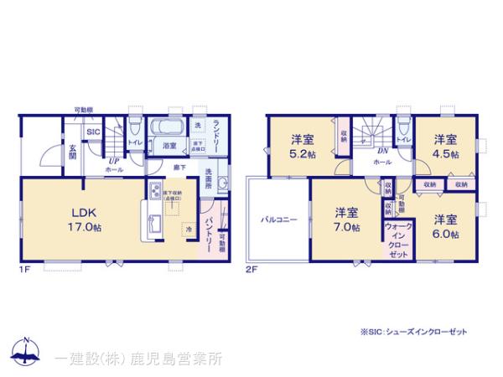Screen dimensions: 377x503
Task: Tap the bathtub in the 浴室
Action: (x=163, y=129)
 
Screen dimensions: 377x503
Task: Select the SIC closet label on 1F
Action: (x=93, y=132)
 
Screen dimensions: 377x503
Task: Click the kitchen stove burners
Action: (x=154, y=194)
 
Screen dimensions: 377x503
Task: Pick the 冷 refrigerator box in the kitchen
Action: (x=189, y=227)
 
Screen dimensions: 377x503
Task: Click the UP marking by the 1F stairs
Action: (x=111, y=160)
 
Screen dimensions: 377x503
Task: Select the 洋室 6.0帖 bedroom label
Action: (x=445, y=226)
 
